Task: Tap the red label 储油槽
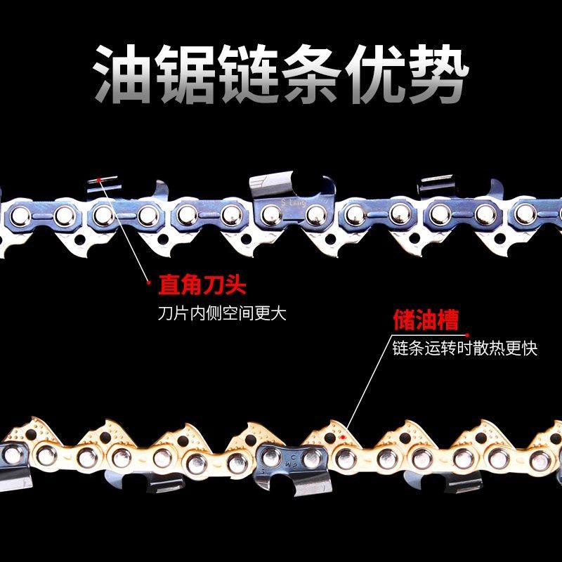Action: point(424,321)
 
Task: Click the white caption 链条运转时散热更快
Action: point(465,347)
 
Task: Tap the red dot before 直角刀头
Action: point(149,284)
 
